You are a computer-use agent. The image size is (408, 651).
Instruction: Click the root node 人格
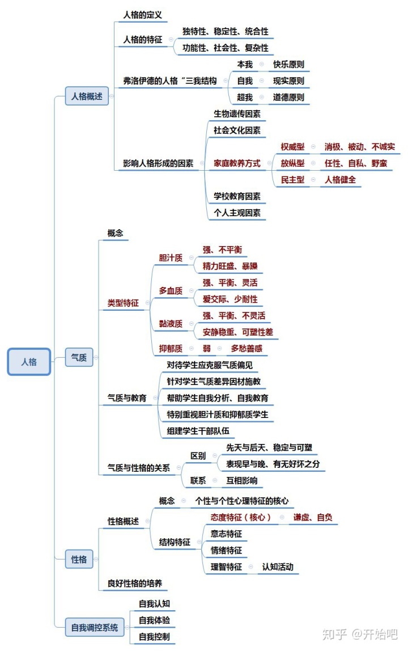[x=29, y=361]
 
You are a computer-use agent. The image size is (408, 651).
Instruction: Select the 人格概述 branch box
[x=87, y=96]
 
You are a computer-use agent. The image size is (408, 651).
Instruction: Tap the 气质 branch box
[x=79, y=358]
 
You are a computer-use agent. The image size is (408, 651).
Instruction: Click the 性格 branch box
[x=79, y=559]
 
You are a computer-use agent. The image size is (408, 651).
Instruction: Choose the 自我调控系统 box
[x=95, y=627]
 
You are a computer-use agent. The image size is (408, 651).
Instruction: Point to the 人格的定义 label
[x=142, y=15]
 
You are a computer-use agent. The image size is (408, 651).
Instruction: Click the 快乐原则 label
[x=288, y=65]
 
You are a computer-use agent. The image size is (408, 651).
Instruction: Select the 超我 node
[x=245, y=97]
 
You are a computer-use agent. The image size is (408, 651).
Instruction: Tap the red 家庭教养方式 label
[x=237, y=163]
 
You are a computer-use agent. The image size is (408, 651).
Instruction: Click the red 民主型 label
[x=292, y=180]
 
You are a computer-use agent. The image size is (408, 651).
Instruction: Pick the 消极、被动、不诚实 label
[x=360, y=147]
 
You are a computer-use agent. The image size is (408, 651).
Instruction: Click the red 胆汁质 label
[x=171, y=257]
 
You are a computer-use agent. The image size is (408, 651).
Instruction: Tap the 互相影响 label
[x=239, y=480]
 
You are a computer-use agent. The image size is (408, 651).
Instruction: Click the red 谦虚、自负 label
[x=313, y=517]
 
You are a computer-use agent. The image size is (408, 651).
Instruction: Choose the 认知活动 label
[x=278, y=567]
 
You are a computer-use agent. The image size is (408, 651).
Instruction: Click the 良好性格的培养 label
[x=138, y=583]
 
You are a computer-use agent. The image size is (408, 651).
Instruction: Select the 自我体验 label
[x=154, y=620]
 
